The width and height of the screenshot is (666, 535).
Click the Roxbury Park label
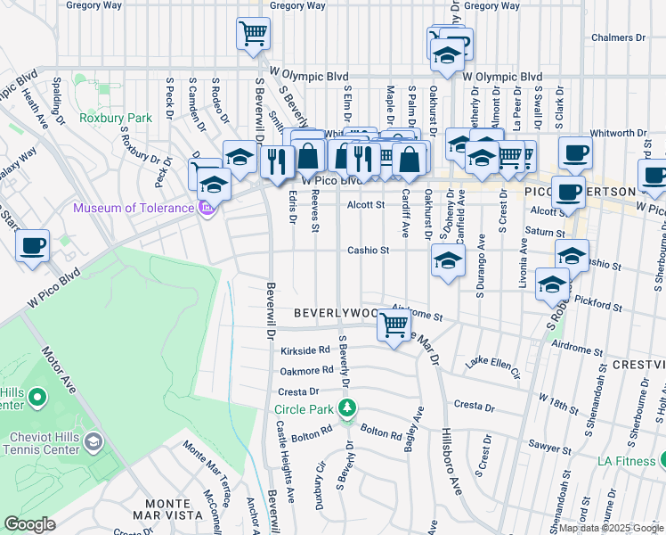(116, 117)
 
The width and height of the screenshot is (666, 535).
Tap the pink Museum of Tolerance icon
(207, 209)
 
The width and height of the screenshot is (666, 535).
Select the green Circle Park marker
(347, 409)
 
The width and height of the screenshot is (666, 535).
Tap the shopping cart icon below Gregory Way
(253, 34)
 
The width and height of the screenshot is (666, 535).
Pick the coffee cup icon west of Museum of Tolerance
(33, 245)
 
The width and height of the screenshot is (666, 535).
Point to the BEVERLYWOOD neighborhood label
(335, 315)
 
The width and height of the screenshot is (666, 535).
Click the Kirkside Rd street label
(305, 350)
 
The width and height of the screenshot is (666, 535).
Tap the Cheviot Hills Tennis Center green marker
(93, 441)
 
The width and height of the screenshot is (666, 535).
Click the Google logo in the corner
(30, 524)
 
